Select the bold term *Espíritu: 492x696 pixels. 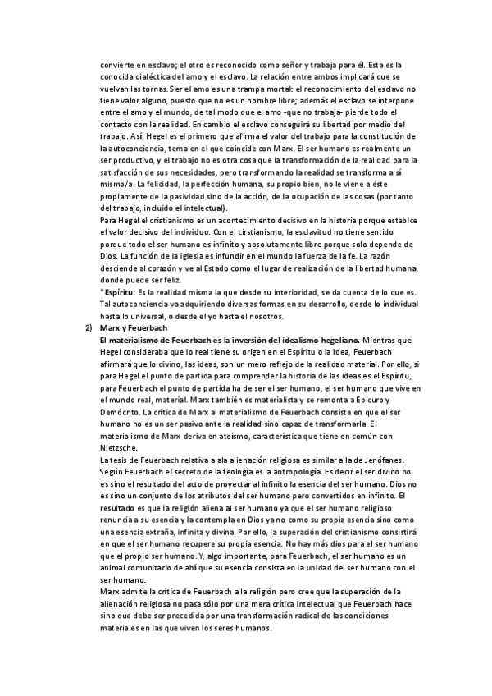click(118, 291)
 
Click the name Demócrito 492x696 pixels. click(120, 422)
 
